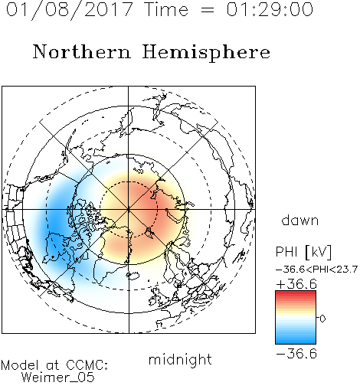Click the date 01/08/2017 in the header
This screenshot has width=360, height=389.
click(x=69, y=10)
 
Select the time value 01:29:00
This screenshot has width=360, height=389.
click(x=270, y=9)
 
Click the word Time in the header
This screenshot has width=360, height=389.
click(x=166, y=9)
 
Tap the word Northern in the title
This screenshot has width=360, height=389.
click(x=82, y=51)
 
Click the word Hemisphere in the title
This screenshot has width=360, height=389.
click(x=206, y=53)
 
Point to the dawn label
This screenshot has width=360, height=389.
click(x=300, y=221)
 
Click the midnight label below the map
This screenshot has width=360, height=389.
click(x=180, y=359)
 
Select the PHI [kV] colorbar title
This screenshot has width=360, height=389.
click(x=303, y=252)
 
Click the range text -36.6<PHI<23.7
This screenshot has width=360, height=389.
click(x=316, y=270)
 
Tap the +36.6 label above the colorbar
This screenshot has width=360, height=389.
click(x=296, y=284)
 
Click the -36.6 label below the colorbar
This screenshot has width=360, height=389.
click(x=296, y=354)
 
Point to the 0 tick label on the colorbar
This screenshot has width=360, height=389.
click(x=322, y=319)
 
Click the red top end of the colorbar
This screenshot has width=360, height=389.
click(x=296, y=293)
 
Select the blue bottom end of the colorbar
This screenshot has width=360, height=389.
click(x=296, y=342)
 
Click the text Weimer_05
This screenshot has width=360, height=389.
click(x=58, y=378)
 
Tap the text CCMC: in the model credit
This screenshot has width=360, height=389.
click(x=87, y=365)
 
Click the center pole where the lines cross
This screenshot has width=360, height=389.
click(x=129, y=210)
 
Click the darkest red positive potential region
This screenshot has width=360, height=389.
click(x=151, y=204)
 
